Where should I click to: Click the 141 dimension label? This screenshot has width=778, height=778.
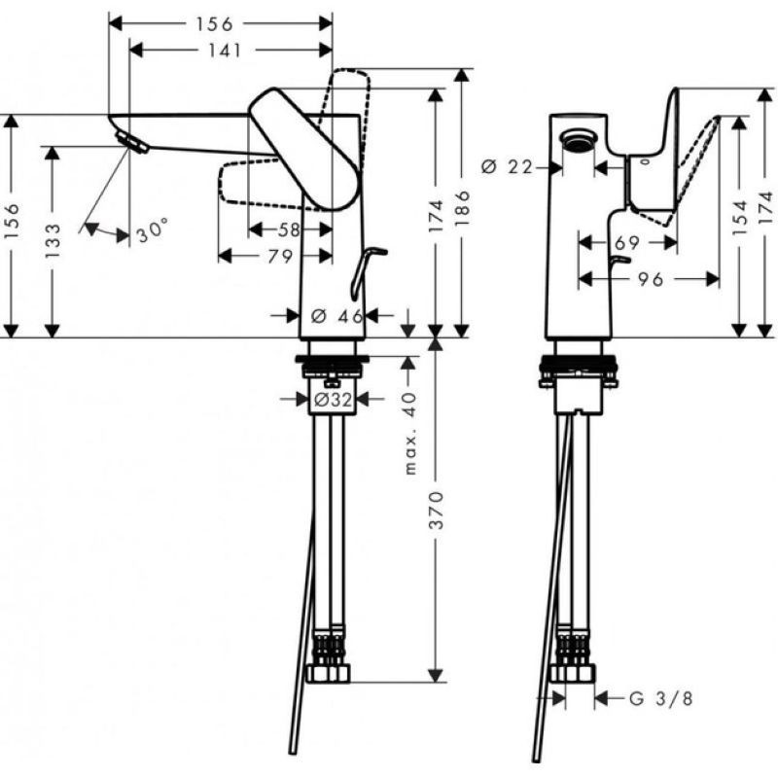(x=225, y=51)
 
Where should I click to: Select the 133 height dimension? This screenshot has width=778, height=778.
(x=53, y=240)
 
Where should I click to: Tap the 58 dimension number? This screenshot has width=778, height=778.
(x=289, y=230)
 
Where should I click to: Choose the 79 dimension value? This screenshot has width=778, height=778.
(x=280, y=257)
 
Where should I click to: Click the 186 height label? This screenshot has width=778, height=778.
(x=462, y=207)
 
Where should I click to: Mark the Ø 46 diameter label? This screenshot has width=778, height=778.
(x=337, y=316)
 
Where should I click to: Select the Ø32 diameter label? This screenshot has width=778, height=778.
(x=333, y=400)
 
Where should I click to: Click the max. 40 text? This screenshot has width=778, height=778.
(x=409, y=433)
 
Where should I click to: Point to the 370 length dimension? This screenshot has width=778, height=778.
(x=436, y=510)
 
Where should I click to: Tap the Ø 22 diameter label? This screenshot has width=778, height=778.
(x=507, y=167)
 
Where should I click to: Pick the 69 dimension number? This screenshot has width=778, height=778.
(x=626, y=243)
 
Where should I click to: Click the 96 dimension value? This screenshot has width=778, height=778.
(x=651, y=280)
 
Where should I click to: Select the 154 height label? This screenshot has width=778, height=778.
(x=739, y=217)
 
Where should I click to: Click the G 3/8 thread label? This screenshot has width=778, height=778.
(x=660, y=699)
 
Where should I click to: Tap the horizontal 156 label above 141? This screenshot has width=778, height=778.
(x=214, y=23)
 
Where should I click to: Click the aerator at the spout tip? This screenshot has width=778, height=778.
(x=131, y=143)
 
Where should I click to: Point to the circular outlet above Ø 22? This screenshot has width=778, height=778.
(x=578, y=140)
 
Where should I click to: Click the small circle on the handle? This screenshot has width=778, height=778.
(x=645, y=161)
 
